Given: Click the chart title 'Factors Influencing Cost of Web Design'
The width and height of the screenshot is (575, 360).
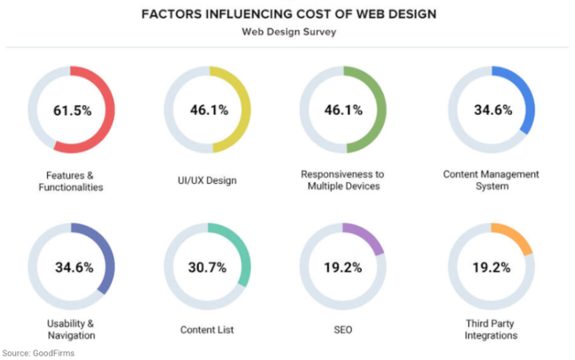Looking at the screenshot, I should click(288, 15).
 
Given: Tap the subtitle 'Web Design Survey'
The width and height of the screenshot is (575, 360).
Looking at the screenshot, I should click(288, 33).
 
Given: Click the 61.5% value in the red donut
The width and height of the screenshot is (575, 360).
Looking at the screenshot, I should click(71, 111).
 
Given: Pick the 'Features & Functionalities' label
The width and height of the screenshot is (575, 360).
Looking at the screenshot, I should click(71, 180).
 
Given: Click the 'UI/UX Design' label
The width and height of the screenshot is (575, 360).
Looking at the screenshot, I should click(208, 180).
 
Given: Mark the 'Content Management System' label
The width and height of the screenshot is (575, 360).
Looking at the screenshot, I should click(490, 180).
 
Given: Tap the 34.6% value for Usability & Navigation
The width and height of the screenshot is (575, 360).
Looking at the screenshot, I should click(71, 267).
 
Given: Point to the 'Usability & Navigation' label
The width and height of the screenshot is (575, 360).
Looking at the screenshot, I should click(71, 329).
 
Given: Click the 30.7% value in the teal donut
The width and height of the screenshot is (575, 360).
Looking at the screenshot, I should click(208, 267).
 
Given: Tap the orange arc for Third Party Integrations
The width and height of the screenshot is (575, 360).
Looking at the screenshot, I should click(515, 237).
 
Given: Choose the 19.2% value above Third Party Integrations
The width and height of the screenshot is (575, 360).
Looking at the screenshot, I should click(490, 267).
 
